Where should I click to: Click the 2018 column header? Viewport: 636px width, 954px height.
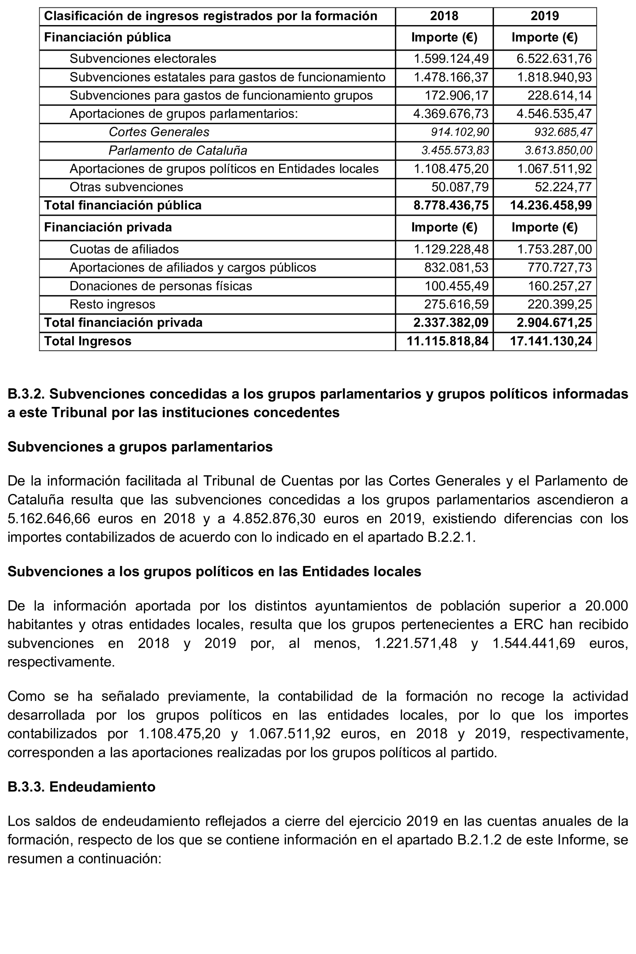coord(444,16)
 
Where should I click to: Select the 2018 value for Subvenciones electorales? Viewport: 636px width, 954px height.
coord(451,59)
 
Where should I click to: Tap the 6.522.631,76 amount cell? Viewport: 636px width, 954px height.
coord(553,59)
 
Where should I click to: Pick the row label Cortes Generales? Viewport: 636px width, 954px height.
coord(159,132)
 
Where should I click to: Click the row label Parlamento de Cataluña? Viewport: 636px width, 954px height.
coord(178,151)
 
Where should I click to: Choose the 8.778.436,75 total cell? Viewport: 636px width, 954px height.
coord(451,205)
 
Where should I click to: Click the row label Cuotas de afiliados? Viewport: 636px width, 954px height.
coord(124,249)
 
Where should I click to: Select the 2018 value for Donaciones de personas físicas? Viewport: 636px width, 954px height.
coord(456,286)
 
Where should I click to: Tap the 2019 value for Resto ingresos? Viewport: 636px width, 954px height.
coord(559,304)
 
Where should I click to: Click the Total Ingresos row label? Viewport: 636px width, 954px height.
coord(88,341)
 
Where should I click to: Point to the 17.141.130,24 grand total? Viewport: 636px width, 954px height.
coord(550,341)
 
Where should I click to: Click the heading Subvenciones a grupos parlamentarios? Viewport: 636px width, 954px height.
coord(140,447)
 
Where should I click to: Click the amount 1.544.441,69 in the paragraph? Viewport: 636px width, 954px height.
coord(533,643)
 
